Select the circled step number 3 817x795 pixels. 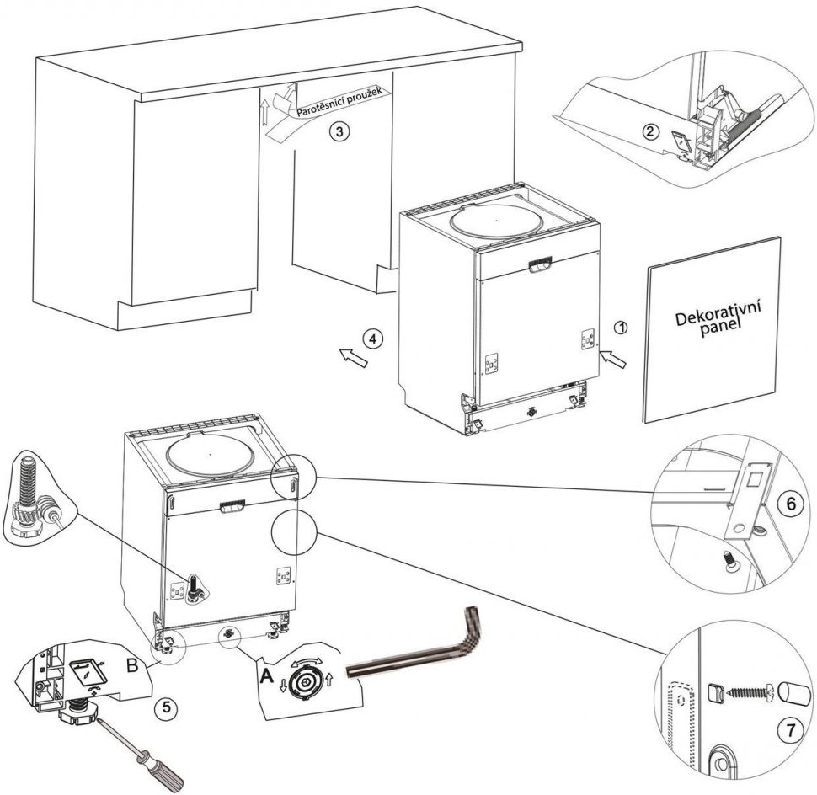point(337,131)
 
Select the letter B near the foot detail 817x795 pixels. point(132,663)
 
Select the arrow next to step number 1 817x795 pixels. point(614,360)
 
